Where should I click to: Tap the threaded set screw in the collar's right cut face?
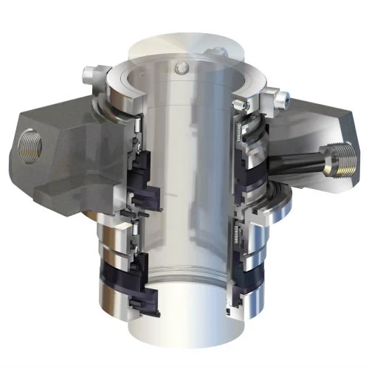pyautogui.click(x=239, y=104)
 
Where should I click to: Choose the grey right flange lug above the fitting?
pyautogui.click(x=317, y=118)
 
